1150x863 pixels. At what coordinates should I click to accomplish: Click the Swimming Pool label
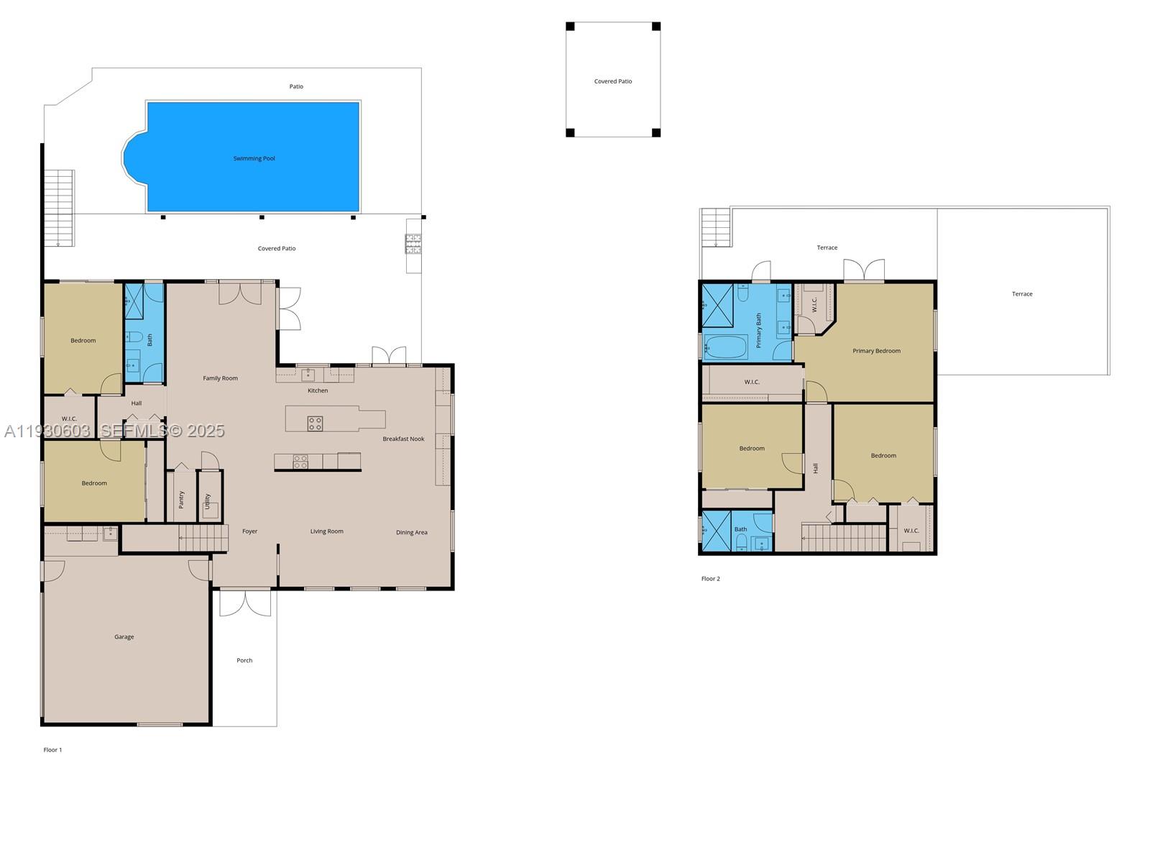(254, 158)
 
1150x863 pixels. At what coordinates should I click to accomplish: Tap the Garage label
(124, 636)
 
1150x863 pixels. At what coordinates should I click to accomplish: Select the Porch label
(244, 660)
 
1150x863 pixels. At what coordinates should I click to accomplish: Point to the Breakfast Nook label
(403, 439)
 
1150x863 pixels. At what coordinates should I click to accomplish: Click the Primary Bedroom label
(876, 351)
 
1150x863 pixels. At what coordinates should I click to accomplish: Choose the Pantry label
(181, 499)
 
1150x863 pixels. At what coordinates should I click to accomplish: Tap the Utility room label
(208, 501)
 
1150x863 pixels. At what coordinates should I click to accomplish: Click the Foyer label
(249, 531)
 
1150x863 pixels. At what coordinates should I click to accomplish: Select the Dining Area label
(411, 532)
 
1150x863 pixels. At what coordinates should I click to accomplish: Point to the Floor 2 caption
(710, 578)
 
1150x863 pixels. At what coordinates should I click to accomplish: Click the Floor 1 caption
(52, 749)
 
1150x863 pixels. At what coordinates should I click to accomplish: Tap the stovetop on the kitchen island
(315, 424)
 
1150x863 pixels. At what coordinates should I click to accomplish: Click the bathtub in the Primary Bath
(726, 347)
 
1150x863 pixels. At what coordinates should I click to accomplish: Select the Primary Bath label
(758, 330)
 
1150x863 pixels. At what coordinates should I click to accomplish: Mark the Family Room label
(220, 378)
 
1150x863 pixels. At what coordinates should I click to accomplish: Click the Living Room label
(326, 531)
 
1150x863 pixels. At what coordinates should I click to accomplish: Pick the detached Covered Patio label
(613, 81)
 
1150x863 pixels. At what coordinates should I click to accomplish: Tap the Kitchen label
(318, 391)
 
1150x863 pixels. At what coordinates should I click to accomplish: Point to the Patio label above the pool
(296, 86)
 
